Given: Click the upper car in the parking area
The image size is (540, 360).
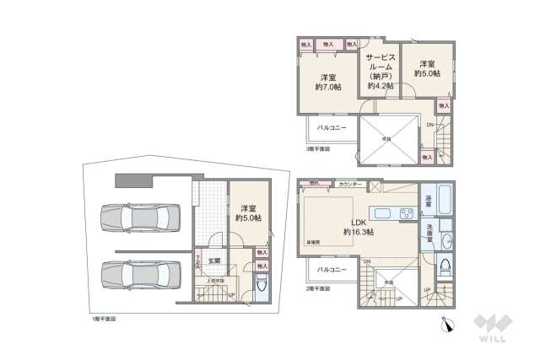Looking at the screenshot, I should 138,218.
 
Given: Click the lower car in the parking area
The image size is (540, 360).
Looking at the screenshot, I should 138,274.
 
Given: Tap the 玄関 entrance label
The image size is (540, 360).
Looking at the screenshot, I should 215,261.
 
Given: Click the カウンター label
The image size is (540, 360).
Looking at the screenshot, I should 348,184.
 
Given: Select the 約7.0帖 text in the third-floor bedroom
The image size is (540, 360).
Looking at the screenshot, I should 329,87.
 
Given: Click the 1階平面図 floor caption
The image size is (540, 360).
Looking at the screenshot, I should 105,320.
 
